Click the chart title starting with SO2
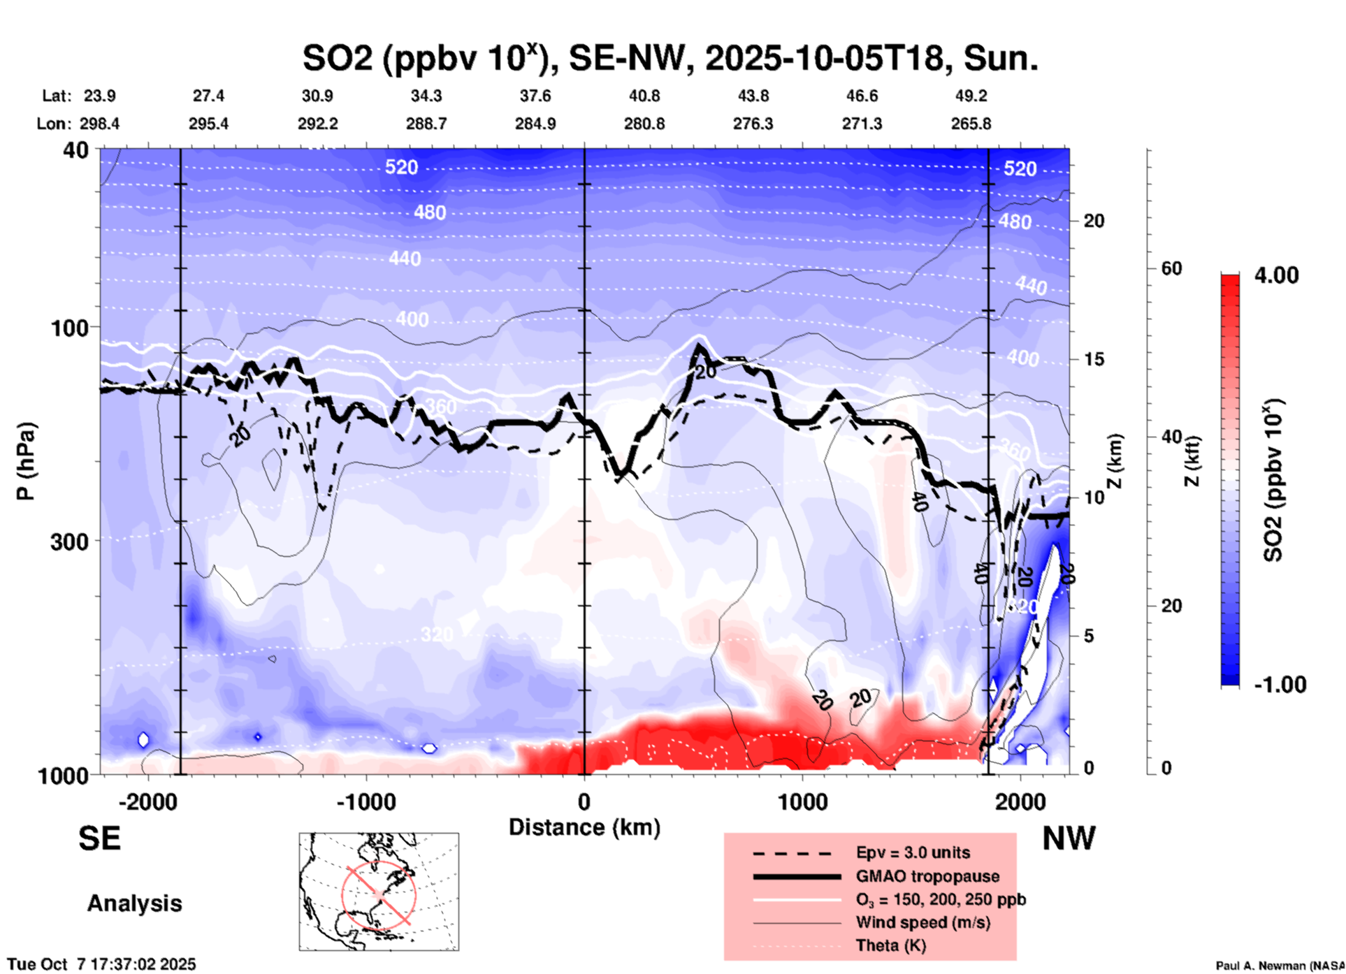(670, 58)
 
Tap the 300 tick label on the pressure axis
(70, 541)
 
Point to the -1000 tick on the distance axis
(366, 801)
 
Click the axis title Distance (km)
(584, 827)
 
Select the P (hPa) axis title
(26, 461)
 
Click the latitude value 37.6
(535, 96)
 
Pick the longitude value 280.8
(644, 124)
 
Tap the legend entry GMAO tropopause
(927, 876)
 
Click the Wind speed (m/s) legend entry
(922, 922)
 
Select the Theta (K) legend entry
(890, 945)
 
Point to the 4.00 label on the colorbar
(1276, 275)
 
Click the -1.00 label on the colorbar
(1280, 685)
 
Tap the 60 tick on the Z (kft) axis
(1171, 268)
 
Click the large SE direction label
(99, 838)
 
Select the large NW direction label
(1069, 838)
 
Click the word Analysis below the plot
(134, 903)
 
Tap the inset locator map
(379, 892)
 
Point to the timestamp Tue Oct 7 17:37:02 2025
(102, 965)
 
